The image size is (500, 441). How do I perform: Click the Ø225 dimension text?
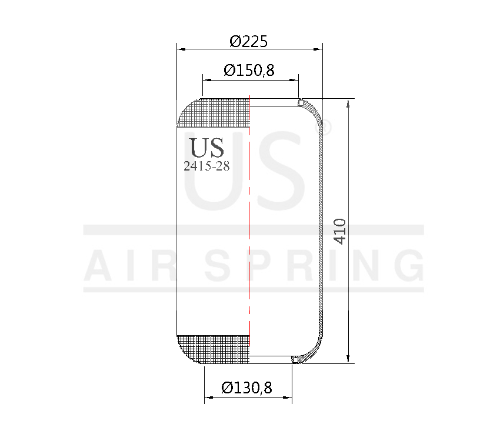pos(249,41)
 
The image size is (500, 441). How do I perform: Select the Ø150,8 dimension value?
pos(249,71)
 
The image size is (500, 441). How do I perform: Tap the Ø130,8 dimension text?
pos(247,388)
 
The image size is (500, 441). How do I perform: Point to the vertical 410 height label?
pos(340,231)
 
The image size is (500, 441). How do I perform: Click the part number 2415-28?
pos(206,166)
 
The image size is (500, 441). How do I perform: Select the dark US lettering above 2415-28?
pos(206,147)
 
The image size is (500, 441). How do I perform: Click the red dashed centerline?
pos(250,223)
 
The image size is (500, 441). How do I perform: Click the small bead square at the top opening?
pos(301,103)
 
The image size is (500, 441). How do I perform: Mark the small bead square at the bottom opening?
pos(295,359)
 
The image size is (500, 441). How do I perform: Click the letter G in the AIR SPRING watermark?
pos(408,266)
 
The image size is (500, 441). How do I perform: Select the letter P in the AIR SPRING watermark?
pos(266,266)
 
